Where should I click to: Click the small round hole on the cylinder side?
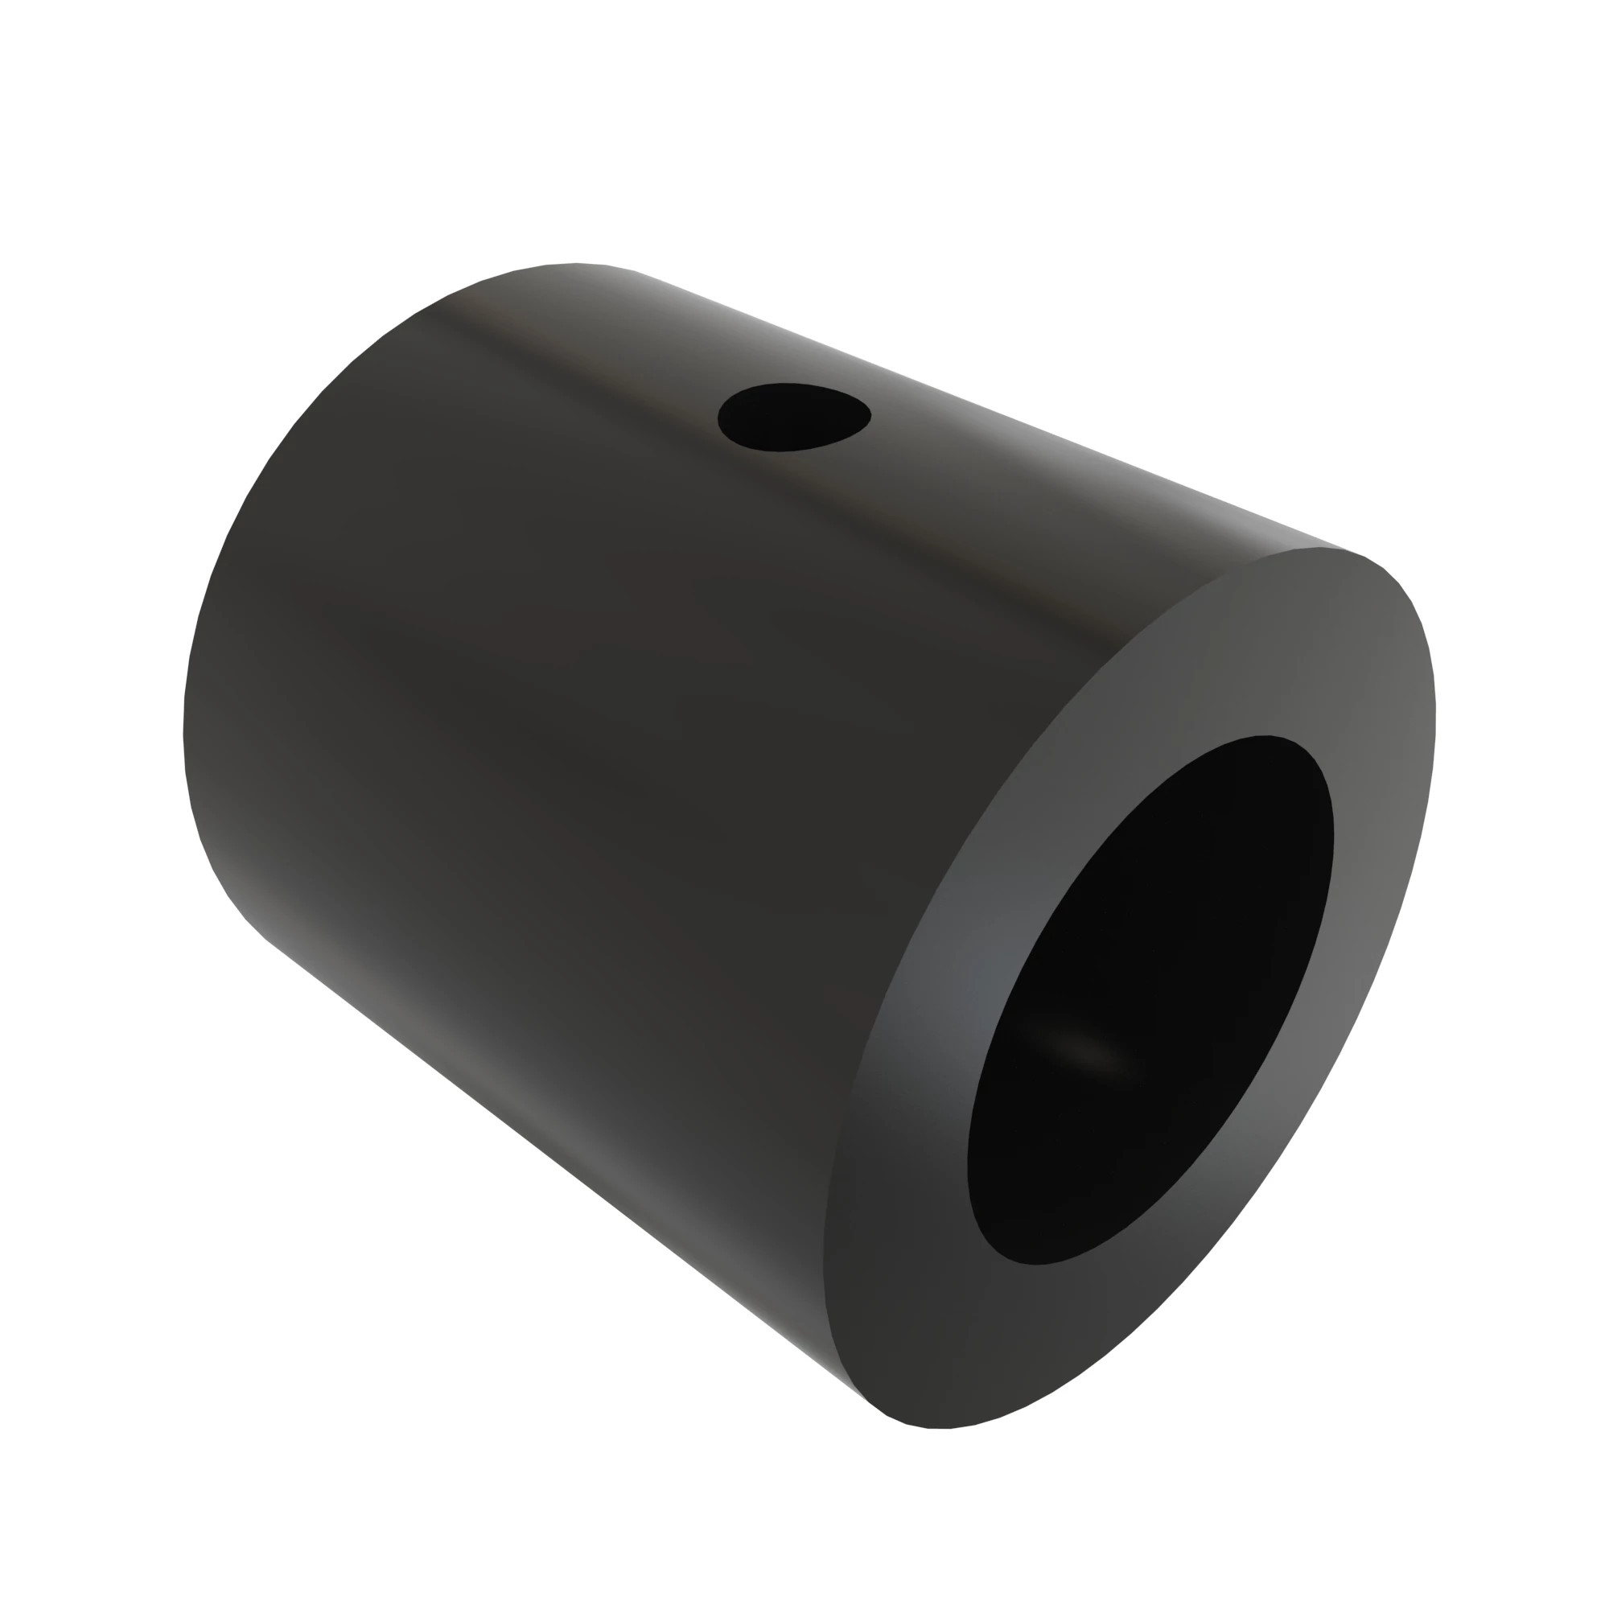coord(794,417)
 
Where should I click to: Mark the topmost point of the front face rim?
coord(1332,549)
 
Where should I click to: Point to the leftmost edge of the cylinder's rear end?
coord(184,733)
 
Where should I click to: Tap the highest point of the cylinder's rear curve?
coord(574,264)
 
